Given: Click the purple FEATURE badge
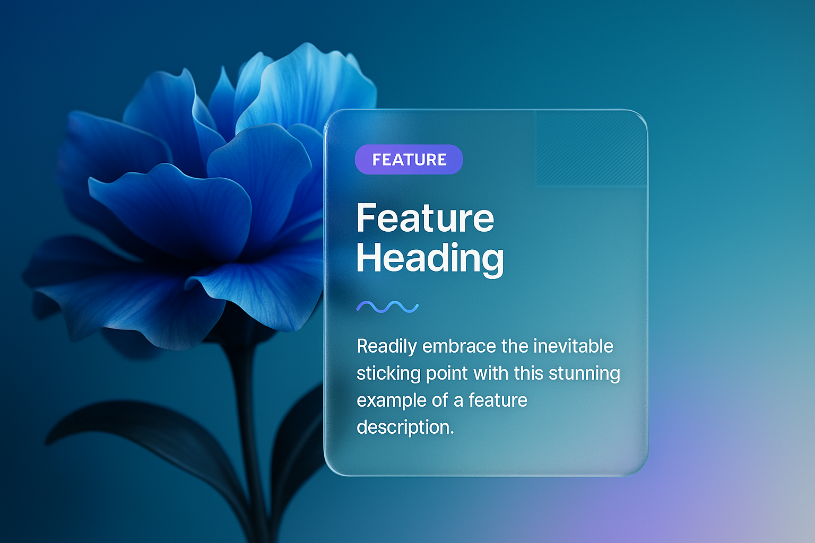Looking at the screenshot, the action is [409, 159].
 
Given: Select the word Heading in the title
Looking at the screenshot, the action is [430, 258].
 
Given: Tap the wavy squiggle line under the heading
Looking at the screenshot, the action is [387, 306].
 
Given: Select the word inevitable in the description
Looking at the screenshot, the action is [573, 346].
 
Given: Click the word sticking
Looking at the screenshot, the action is [388, 373].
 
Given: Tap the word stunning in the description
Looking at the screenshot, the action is [584, 373].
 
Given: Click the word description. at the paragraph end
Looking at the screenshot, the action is [405, 427].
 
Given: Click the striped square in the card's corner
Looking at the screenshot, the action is [591, 148].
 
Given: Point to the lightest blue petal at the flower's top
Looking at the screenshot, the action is [309, 87].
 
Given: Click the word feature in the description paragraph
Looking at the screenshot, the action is [498, 400].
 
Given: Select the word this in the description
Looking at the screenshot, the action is [528, 373].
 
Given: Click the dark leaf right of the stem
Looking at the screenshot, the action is [298, 436].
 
